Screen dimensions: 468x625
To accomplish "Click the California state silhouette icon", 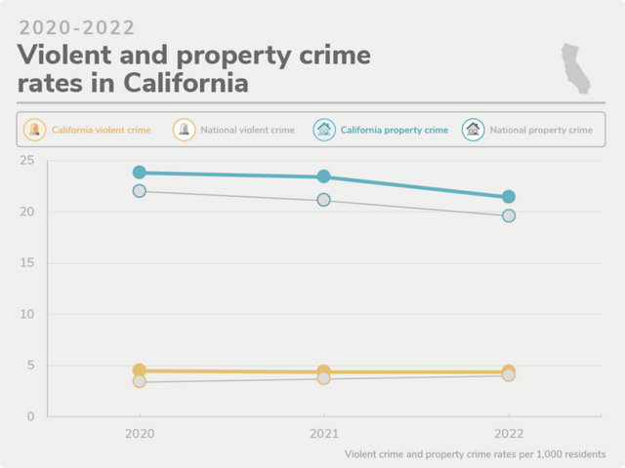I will [576, 68].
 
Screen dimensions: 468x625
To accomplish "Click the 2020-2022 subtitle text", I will [77, 27].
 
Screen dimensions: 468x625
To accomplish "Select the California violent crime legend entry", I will [90, 130].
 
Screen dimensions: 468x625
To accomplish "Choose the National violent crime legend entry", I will [234, 130].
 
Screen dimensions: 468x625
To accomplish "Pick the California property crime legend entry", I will [382, 130].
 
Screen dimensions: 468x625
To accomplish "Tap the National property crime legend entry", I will [528, 130].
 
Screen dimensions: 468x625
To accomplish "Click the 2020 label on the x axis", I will [140, 432].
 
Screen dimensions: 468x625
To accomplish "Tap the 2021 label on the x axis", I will [324, 432].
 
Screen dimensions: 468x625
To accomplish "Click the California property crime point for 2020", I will [140, 173].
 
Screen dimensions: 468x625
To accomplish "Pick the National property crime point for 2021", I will [324, 200].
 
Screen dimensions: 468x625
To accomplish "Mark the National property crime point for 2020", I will [140, 191].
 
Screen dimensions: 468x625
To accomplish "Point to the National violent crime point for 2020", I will [140, 381].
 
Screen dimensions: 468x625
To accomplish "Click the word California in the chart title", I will [186, 83].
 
